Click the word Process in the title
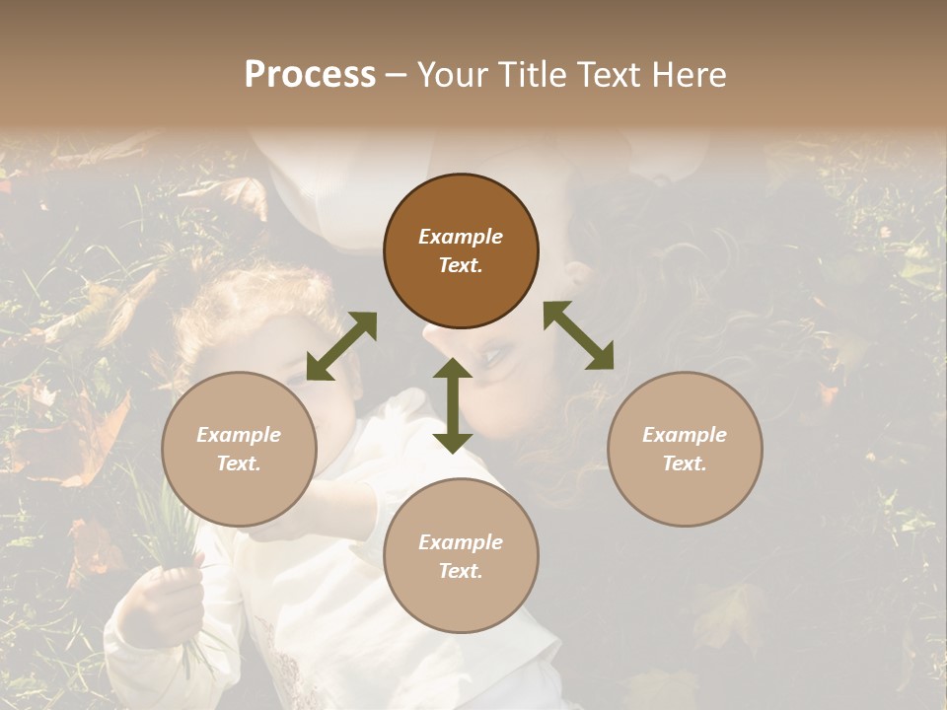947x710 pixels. coord(310,75)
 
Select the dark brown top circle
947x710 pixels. coord(461,251)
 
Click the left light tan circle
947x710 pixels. coord(239,449)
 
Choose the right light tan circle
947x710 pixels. coord(684,449)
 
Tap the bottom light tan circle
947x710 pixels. coord(461,555)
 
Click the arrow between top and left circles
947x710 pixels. coord(341,346)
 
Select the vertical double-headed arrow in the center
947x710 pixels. coord(453,405)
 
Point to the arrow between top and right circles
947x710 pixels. coord(579,335)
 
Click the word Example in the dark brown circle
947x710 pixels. coord(461,237)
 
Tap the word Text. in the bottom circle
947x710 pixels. coord(461,571)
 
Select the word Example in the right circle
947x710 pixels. coord(684,435)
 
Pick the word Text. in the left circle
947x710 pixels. coord(239,463)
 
